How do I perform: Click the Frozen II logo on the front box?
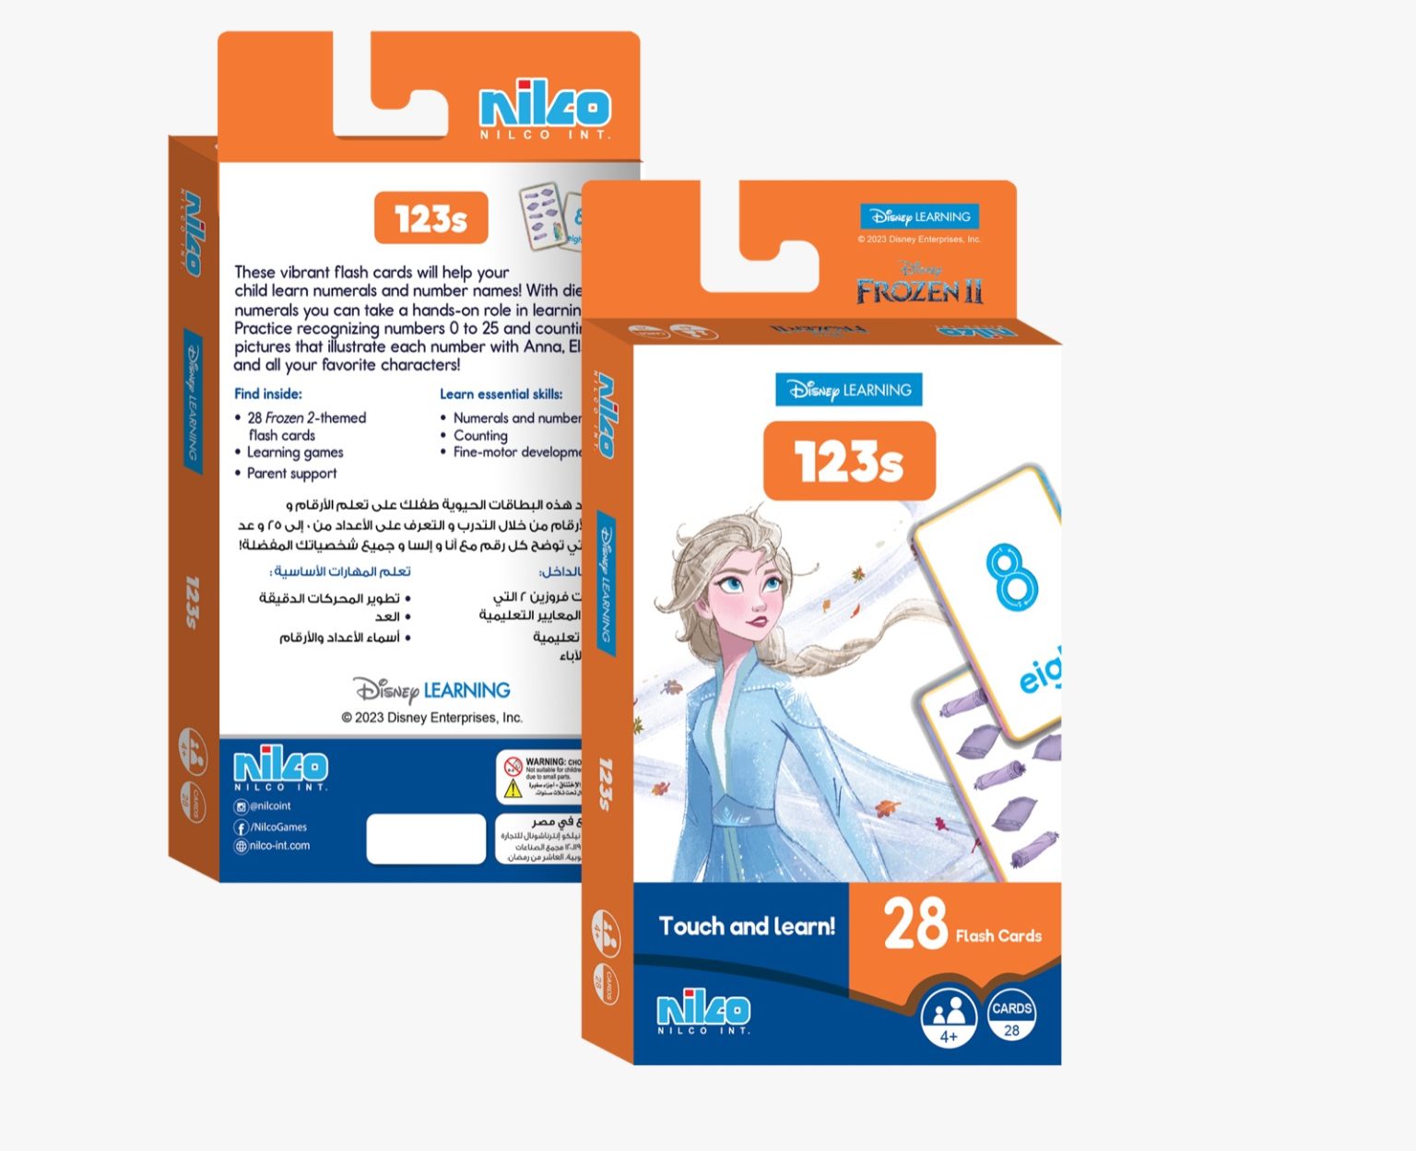click(x=919, y=286)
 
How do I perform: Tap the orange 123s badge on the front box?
click(x=849, y=461)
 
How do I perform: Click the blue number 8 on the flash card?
click(x=1011, y=577)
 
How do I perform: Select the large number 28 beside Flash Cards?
click(x=914, y=924)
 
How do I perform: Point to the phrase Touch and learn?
click(x=747, y=926)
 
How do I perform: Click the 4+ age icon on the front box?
click(x=948, y=1018)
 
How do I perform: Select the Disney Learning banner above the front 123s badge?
click(x=848, y=390)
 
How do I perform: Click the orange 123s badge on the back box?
click(x=431, y=219)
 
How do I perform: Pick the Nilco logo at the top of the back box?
click(x=545, y=109)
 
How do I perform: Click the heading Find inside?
click(x=268, y=393)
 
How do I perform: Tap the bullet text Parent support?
click(x=291, y=474)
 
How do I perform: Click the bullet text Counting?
click(x=480, y=435)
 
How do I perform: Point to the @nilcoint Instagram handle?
click(x=269, y=806)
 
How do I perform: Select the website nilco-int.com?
click(x=279, y=845)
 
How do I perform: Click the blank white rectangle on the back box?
click(x=426, y=839)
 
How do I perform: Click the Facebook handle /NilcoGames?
click(x=278, y=827)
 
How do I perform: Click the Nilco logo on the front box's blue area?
click(x=703, y=1012)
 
